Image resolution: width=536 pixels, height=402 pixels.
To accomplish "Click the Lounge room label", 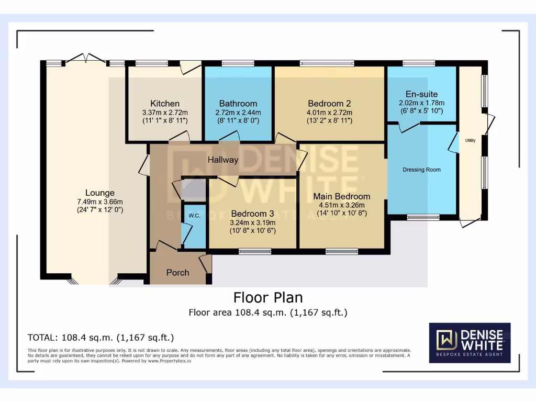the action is click(100, 193).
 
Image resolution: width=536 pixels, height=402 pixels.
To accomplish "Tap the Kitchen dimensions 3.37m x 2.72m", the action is click(165, 113).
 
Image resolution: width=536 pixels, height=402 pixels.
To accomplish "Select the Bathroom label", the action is click(238, 104).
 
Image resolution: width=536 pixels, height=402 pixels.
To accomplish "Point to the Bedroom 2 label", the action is click(330, 104).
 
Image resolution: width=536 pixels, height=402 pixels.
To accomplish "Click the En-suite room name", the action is click(421, 94).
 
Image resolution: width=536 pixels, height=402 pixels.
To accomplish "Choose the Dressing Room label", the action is click(421, 170).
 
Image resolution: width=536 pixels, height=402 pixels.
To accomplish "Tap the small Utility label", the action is click(471, 140).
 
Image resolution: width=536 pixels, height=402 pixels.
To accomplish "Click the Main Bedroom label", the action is click(342, 197).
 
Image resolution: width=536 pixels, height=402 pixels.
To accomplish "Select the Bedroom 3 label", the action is click(253, 214).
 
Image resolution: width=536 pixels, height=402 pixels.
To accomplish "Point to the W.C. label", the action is click(195, 216).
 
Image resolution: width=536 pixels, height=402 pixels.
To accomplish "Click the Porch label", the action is click(178, 272).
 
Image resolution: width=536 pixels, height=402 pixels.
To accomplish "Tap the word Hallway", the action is click(223, 160).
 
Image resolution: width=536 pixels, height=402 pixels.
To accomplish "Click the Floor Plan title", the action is click(268, 297).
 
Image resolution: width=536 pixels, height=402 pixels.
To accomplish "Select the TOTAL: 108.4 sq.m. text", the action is click(70, 338).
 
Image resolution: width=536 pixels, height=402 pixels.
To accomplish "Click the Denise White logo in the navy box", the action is click(470, 343).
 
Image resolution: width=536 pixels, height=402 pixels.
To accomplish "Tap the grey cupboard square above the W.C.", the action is click(194, 189).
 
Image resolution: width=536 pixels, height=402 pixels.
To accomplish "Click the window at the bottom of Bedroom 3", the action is click(255, 252).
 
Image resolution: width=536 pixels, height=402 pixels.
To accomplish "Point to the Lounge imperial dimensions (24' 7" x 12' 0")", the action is click(100, 210).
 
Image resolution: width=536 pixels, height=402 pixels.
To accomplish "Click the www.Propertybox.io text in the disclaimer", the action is click(169, 361).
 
